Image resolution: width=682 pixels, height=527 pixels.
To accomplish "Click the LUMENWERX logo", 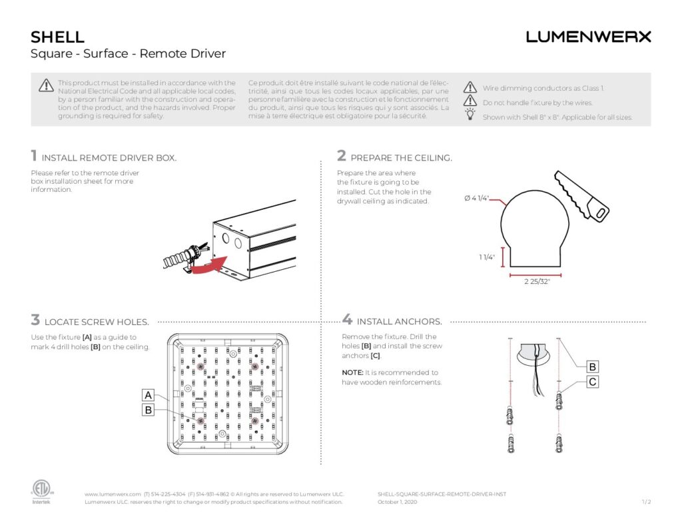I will coord(588,37).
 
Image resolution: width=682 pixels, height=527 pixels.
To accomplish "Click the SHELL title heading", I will coord(57,37).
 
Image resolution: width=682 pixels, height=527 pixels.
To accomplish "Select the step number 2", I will coord(342,156).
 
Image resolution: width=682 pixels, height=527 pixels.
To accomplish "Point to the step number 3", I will coord(35,320).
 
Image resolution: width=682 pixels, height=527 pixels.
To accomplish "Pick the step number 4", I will coord(347,320).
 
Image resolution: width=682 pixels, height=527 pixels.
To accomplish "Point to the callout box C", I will coord(592,382).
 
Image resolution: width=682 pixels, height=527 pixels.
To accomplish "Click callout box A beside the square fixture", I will coord(149,394).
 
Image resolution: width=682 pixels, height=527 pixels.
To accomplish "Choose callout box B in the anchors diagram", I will coord(592,366).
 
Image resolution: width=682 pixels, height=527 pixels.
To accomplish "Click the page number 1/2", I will coord(645,502).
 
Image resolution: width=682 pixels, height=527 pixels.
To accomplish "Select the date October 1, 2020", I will coord(397,502).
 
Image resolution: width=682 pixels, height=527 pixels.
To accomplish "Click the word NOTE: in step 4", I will coord(352,372).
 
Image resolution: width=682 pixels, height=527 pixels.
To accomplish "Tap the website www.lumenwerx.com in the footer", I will coord(113,494).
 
